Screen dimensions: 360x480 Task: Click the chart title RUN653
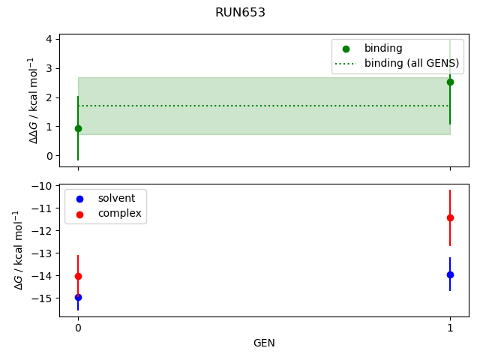click(x=240, y=13)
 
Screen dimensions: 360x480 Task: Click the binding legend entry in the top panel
click(x=383, y=49)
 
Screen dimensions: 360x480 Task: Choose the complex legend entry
click(x=118, y=214)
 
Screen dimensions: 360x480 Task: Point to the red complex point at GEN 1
click(x=450, y=217)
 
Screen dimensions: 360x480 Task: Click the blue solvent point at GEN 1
click(x=450, y=274)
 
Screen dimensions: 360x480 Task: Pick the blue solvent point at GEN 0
click(x=78, y=297)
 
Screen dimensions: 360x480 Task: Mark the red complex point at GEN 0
click(x=78, y=276)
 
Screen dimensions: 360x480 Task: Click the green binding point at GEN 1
click(x=450, y=82)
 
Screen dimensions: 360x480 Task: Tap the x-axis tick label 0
click(x=78, y=328)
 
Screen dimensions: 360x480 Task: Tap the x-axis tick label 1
click(x=450, y=328)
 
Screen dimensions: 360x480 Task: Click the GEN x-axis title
click(x=264, y=343)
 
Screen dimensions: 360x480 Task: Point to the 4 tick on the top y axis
click(x=49, y=39)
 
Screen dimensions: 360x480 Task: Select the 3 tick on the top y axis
click(x=49, y=68)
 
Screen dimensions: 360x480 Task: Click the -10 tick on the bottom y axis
click(x=43, y=185)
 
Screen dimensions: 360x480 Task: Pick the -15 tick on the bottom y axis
click(x=43, y=298)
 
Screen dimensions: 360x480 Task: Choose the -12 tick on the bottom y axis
click(x=43, y=230)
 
